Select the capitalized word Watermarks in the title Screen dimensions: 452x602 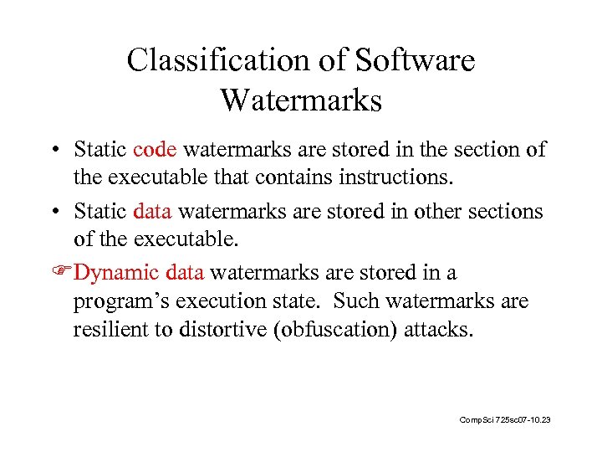click(301, 100)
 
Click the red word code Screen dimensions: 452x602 click(155, 150)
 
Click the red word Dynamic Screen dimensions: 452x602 click(117, 273)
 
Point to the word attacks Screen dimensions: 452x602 click(438, 329)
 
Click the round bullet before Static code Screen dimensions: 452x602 click(54, 151)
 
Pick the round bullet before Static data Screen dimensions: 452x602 click(54, 212)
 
